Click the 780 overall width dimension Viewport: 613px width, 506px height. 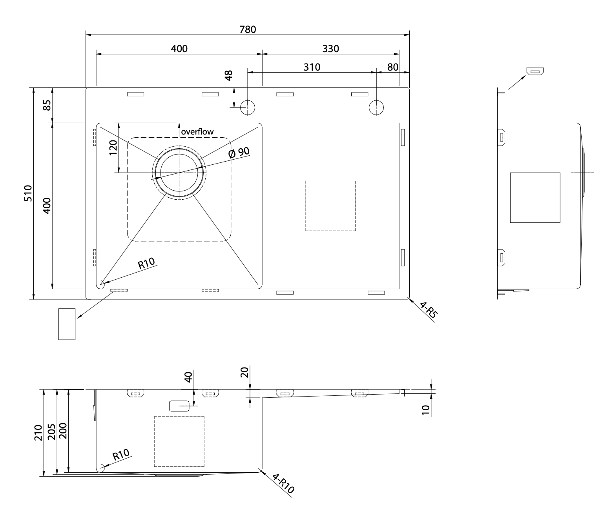point(247,29)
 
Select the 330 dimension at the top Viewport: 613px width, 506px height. point(330,49)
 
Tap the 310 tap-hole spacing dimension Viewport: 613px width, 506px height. point(312,67)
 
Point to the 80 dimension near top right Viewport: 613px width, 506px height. point(392,67)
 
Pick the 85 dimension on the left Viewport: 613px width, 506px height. point(47,105)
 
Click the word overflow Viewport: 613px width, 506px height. point(197,132)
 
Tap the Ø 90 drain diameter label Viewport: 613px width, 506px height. point(239,152)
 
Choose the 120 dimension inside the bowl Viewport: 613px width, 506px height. point(113,147)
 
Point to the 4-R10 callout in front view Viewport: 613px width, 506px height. point(283,484)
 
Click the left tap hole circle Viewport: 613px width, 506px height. point(248,107)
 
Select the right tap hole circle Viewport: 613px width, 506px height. point(376,107)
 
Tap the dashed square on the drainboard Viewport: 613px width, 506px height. point(330,206)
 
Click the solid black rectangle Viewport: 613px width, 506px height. point(585,470)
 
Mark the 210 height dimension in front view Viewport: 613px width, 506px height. point(38,432)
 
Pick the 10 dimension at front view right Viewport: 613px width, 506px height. point(425,410)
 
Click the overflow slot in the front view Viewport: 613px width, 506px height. point(179,406)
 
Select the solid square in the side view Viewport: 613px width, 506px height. point(535,197)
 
